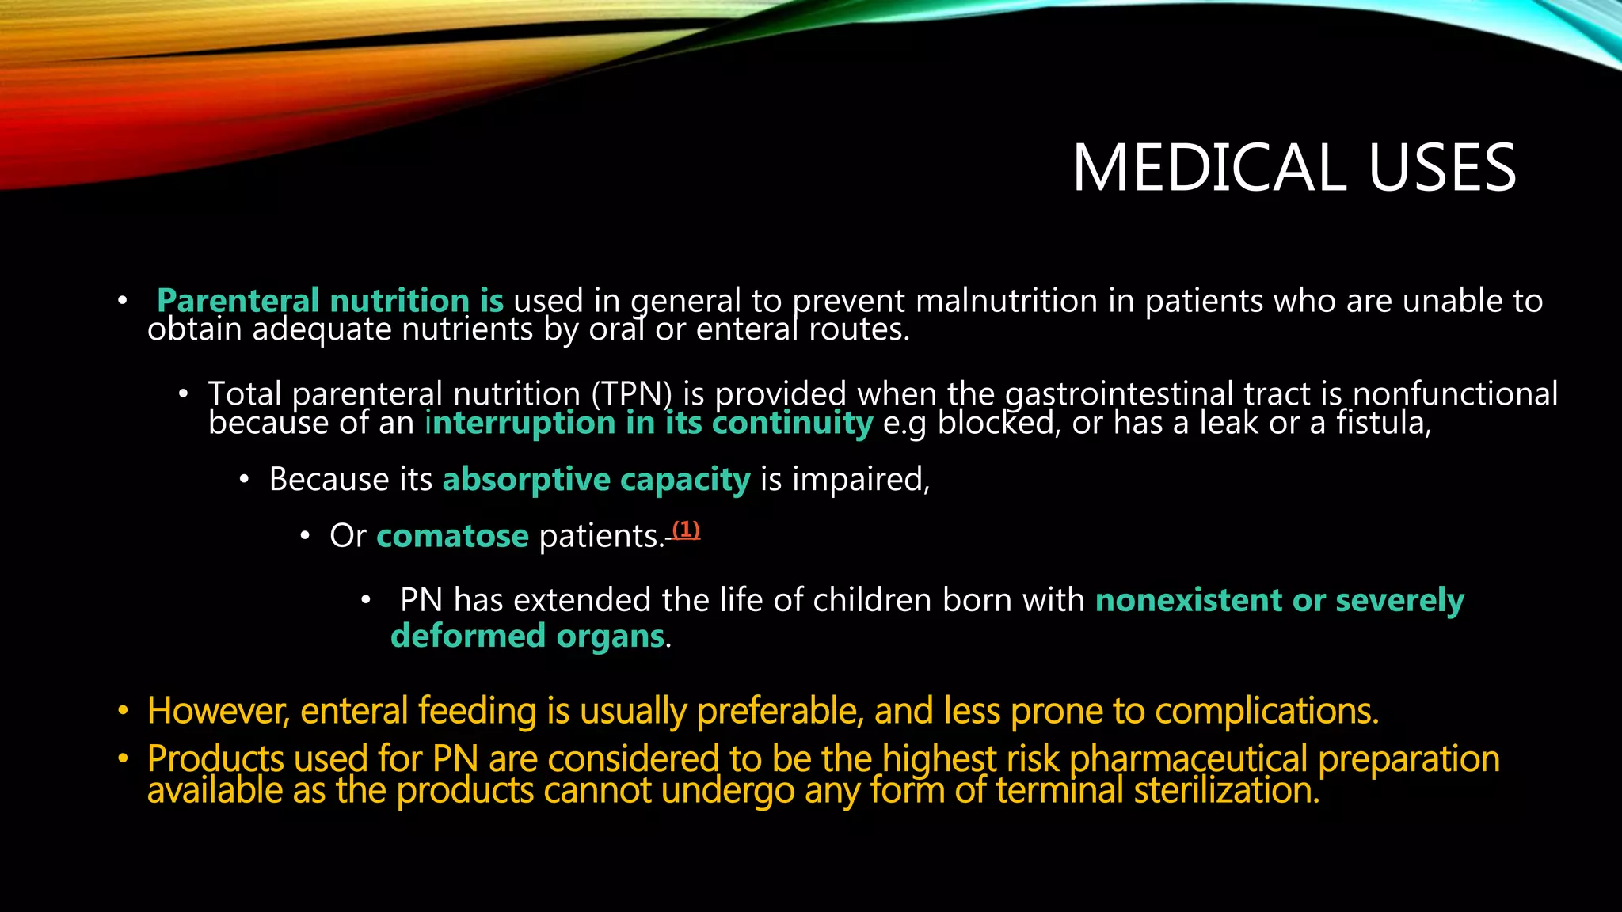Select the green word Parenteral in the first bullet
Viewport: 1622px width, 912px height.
point(238,301)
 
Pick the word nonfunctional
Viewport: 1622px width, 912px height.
point(1455,393)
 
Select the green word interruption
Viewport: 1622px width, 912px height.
point(520,423)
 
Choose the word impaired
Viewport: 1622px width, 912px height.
point(860,480)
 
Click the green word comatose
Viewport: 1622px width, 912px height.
point(452,537)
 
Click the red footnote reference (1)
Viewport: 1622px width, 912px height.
point(686,530)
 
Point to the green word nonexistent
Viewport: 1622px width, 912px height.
point(1189,600)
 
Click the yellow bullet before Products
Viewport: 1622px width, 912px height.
point(123,758)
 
